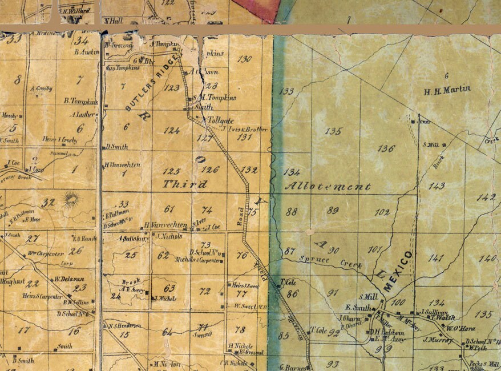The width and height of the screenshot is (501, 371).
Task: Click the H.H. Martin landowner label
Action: coord(447,90)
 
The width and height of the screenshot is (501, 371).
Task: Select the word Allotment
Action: coord(327,186)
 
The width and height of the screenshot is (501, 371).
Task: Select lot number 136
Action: coord(386,148)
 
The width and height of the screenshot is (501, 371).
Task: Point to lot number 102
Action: coord(382,212)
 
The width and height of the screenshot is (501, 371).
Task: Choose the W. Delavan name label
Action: coord(66,279)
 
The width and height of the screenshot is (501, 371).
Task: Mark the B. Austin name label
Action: coord(87,51)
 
